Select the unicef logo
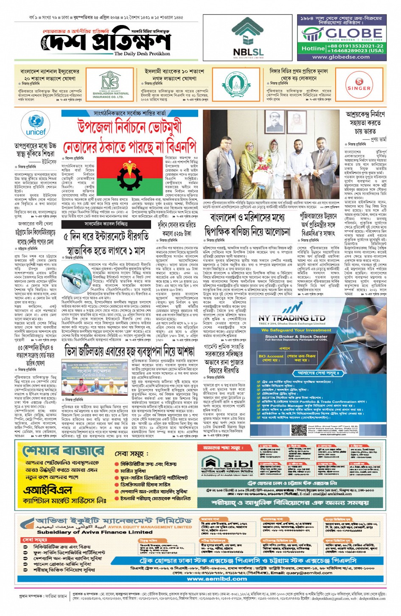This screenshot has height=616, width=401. pyautogui.click(x=36, y=125)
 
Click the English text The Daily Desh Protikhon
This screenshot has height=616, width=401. pyautogui.click(x=142, y=54)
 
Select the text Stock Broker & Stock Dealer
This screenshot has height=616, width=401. pyautogui.click(x=296, y=336)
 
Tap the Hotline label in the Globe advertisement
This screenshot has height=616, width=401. pyautogui.click(x=313, y=48)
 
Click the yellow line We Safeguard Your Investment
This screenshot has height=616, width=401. pyautogui.click(x=296, y=330)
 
